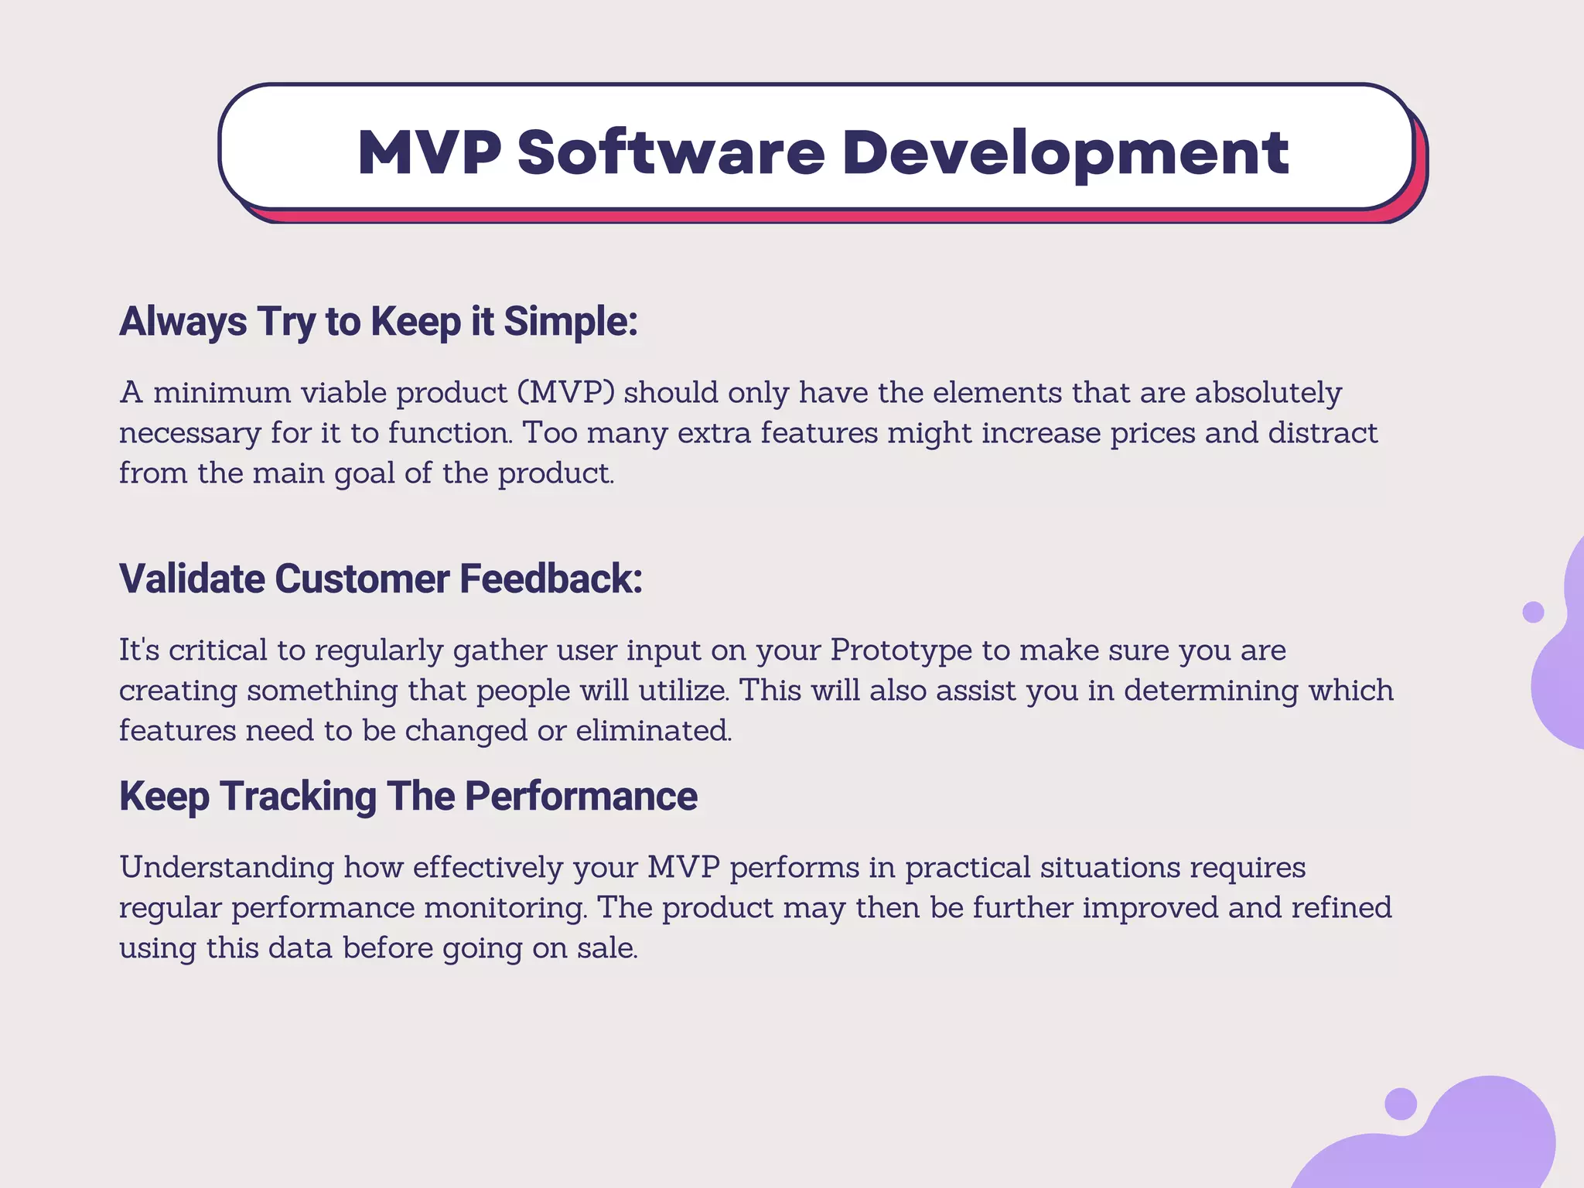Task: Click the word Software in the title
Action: [671, 152]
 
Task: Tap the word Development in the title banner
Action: [1065, 152]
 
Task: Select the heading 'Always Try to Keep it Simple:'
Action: [378, 322]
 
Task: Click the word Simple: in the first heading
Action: [571, 322]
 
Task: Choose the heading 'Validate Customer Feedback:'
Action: [381, 579]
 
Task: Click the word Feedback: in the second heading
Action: [551, 579]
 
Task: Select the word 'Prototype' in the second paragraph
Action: [900, 650]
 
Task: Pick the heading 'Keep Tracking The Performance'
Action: [408, 796]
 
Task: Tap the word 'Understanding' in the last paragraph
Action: [227, 867]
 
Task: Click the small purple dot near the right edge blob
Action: [1533, 612]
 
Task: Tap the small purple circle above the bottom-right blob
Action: [1400, 1103]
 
